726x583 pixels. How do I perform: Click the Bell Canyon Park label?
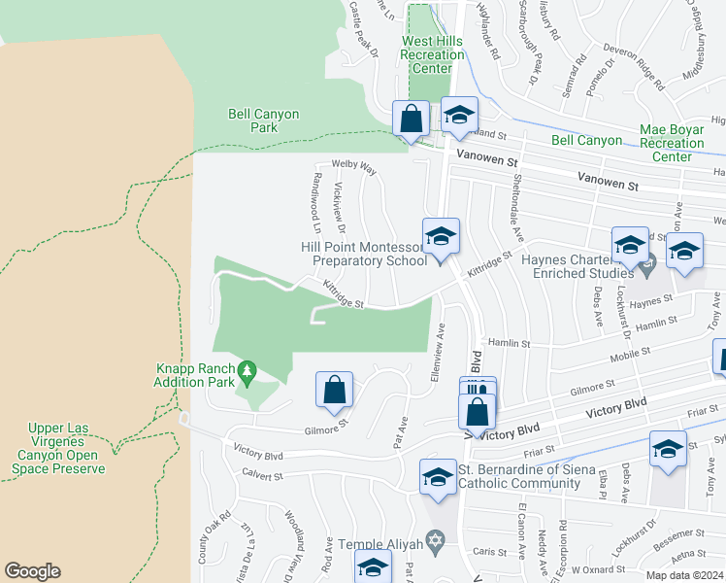pyautogui.click(x=263, y=120)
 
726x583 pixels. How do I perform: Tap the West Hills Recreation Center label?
pyautogui.click(x=432, y=55)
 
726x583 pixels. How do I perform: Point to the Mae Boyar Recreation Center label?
pyautogui.click(x=677, y=142)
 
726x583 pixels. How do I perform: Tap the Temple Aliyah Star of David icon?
pyautogui.click(x=436, y=538)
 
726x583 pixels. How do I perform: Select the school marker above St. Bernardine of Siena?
pyautogui.click(x=438, y=476)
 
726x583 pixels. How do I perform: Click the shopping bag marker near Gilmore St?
pyautogui.click(x=334, y=390)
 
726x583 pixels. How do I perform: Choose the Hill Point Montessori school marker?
pyautogui.click(x=440, y=236)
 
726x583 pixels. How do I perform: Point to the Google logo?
pyautogui.click(x=33, y=571)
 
